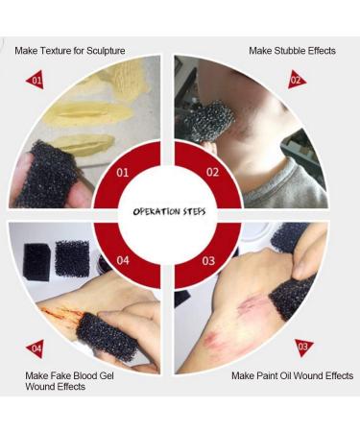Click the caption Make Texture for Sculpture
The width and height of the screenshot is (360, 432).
point(69,50)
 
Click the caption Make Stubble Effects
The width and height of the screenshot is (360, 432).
point(292,50)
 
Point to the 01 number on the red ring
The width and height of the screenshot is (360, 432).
point(122,174)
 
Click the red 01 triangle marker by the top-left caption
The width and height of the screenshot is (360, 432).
point(36,81)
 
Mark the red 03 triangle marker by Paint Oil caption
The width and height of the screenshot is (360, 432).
point(303,347)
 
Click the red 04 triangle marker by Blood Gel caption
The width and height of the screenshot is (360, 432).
point(36,348)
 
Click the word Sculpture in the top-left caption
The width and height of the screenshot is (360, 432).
point(103,50)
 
